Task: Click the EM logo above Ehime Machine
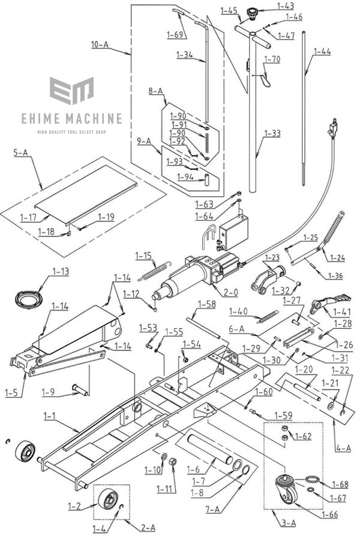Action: pyautogui.click(x=71, y=91)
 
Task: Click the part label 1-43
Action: pyautogui.click(x=286, y=6)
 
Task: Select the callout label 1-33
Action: pyautogui.click(x=272, y=133)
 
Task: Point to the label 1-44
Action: pyautogui.click(x=322, y=52)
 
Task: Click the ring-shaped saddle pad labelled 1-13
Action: pyautogui.click(x=28, y=298)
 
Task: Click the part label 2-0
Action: pyautogui.click(x=230, y=293)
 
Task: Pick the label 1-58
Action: pyautogui.click(x=206, y=304)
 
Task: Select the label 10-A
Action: pyautogui.click(x=100, y=45)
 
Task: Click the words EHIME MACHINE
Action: pyautogui.click(x=79, y=118)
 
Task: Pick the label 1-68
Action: pyautogui.click(x=339, y=484)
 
